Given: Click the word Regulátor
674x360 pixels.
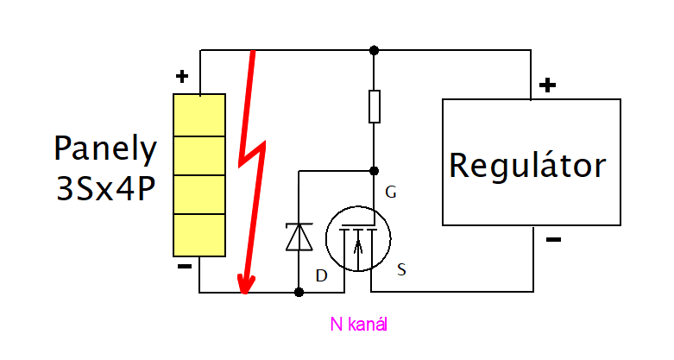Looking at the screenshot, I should [x=527, y=164].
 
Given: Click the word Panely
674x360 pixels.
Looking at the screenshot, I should [x=105, y=149].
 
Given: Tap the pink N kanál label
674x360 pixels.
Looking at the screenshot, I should [x=359, y=324].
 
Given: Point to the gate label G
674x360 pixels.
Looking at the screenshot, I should [x=391, y=193].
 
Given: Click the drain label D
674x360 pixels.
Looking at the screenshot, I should [x=321, y=275].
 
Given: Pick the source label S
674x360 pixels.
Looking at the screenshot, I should [x=402, y=270].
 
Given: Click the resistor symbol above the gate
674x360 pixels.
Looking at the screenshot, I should [x=374, y=106].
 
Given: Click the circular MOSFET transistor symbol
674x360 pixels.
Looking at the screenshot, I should [x=358, y=237].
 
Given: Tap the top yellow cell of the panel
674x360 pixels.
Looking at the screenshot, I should [x=199, y=114].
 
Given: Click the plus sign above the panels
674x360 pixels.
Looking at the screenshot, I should [x=181, y=77].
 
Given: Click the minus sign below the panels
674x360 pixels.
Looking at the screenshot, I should [x=184, y=267].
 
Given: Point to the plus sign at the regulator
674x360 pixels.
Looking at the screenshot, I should [x=547, y=85].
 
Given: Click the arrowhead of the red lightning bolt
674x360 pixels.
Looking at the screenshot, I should [x=246, y=286].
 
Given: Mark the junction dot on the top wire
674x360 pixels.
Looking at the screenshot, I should [x=374, y=50].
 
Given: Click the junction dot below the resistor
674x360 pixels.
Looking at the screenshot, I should [x=374, y=170].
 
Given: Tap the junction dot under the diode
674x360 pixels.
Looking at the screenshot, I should [x=299, y=293].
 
